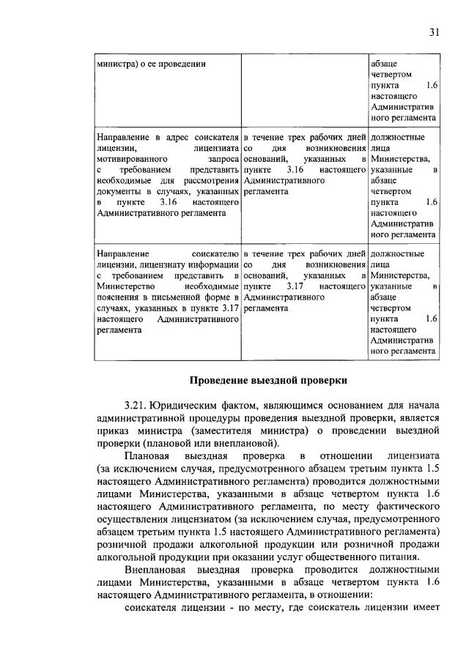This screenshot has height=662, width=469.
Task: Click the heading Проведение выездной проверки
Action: (x=267, y=380)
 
